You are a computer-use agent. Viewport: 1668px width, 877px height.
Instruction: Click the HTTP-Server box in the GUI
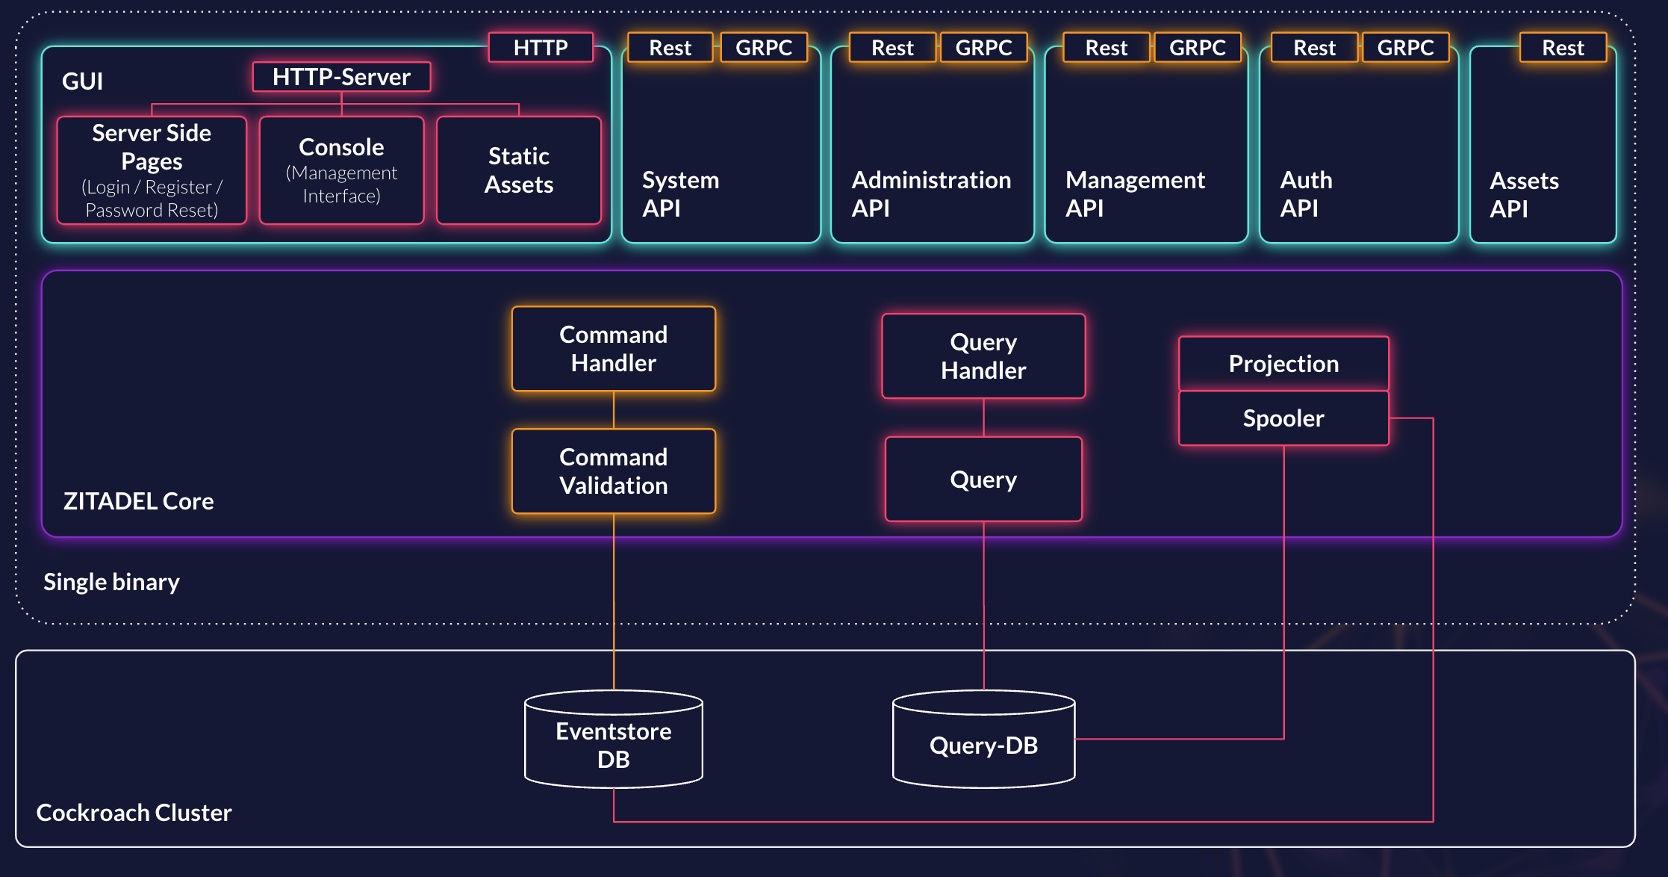(x=341, y=77)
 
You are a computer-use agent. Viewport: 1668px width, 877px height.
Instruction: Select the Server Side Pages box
(x=152, y=170)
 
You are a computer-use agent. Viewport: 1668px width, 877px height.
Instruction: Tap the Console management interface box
(x=341, y=170)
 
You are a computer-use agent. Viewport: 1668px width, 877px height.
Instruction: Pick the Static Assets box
(x=519, y=170)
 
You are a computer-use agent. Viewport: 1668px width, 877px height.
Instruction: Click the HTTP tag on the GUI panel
(x=541, y=47)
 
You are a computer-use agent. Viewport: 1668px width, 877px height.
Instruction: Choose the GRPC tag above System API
(x=763, y=47)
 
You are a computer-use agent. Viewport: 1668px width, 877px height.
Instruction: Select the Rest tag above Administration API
(x=892, y=47)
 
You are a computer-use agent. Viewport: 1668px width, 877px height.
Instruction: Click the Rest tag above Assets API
(x=1563, y=47)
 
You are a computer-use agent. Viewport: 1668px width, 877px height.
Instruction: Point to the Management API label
(x=1135, y=193)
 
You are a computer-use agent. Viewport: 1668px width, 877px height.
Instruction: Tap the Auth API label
(x=1306, y=193)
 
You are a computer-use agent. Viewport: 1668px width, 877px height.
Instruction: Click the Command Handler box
(x=614, y=349)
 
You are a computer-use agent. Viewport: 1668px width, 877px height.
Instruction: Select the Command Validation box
(x=614, y=471)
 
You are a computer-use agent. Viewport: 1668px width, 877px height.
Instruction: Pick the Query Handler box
(x=983, y=356)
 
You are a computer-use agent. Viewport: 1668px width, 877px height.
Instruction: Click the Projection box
(x=1283, y=364)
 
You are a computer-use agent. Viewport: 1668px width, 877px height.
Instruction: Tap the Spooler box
(x=1283, y=418)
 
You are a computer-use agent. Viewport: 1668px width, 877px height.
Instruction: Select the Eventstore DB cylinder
(x=614, y=743)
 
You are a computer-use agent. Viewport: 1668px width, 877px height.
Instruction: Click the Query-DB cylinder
(x=983, y=744)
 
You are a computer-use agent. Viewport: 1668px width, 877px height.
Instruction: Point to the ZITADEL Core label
(x=138, y=501)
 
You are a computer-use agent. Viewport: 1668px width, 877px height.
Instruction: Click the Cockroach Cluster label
(x=134, y=812)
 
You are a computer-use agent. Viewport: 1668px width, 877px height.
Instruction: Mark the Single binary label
(x=111, y=581)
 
